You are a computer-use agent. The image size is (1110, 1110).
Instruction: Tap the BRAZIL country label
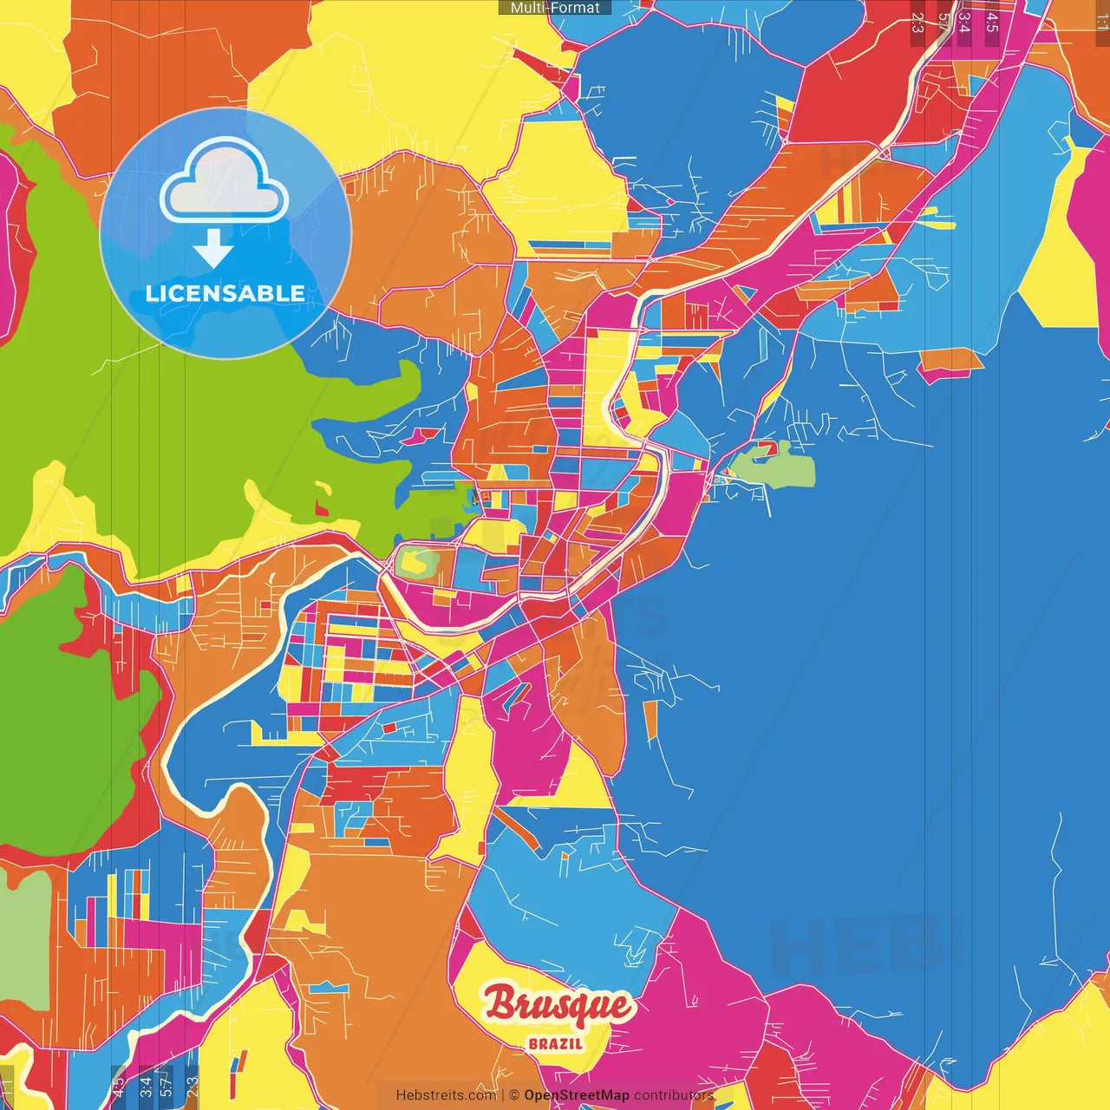point(556,1044)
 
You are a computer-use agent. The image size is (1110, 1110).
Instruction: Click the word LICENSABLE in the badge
point(225,293)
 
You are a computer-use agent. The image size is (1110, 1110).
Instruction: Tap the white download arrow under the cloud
point(213,248)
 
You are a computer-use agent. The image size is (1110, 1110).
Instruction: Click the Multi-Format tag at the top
point(555,8)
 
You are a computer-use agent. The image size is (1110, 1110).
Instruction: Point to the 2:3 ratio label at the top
point(917,23)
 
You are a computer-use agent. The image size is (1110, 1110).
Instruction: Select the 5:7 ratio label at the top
point(943,23)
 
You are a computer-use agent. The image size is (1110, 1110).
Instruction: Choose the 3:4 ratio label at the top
point(963,23)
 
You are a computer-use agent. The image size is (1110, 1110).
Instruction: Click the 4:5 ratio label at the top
point(991,23)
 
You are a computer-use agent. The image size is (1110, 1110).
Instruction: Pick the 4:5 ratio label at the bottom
point(118,1087)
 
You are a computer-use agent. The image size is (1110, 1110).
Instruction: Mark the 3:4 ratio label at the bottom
point(146,1087)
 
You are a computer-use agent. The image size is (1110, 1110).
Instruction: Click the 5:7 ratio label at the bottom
point(166,1087)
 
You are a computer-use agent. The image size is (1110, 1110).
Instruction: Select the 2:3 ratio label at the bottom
point(192,1087)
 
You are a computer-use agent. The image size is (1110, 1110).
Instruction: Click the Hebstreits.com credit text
point(446,1095)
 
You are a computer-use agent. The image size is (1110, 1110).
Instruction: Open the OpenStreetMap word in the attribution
point(576,1095)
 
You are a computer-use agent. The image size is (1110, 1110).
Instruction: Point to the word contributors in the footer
point(673,1095)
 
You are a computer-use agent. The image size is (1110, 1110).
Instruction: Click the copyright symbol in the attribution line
point(514,1095)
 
